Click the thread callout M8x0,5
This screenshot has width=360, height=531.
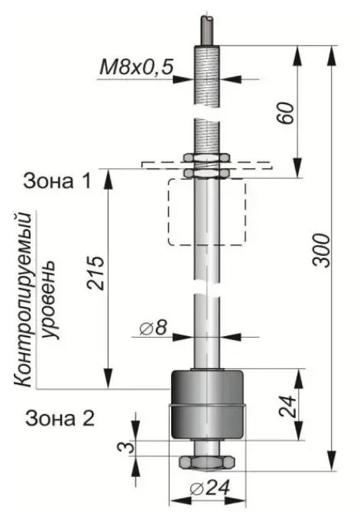[x=137, y=67]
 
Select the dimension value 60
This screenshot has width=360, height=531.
[x=285, y=112]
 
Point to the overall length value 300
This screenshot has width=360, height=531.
[x=321, y=251]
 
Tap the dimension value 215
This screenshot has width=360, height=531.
[x=96, y=273]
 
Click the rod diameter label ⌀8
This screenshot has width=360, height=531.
[x=154, y=328]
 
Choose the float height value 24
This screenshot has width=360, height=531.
[x=287, y=406]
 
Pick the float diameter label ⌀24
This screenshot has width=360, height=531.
[x=210, y=488]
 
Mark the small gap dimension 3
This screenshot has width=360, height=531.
[x=125, y=448]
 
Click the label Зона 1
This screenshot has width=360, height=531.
[x=57, y=181]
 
